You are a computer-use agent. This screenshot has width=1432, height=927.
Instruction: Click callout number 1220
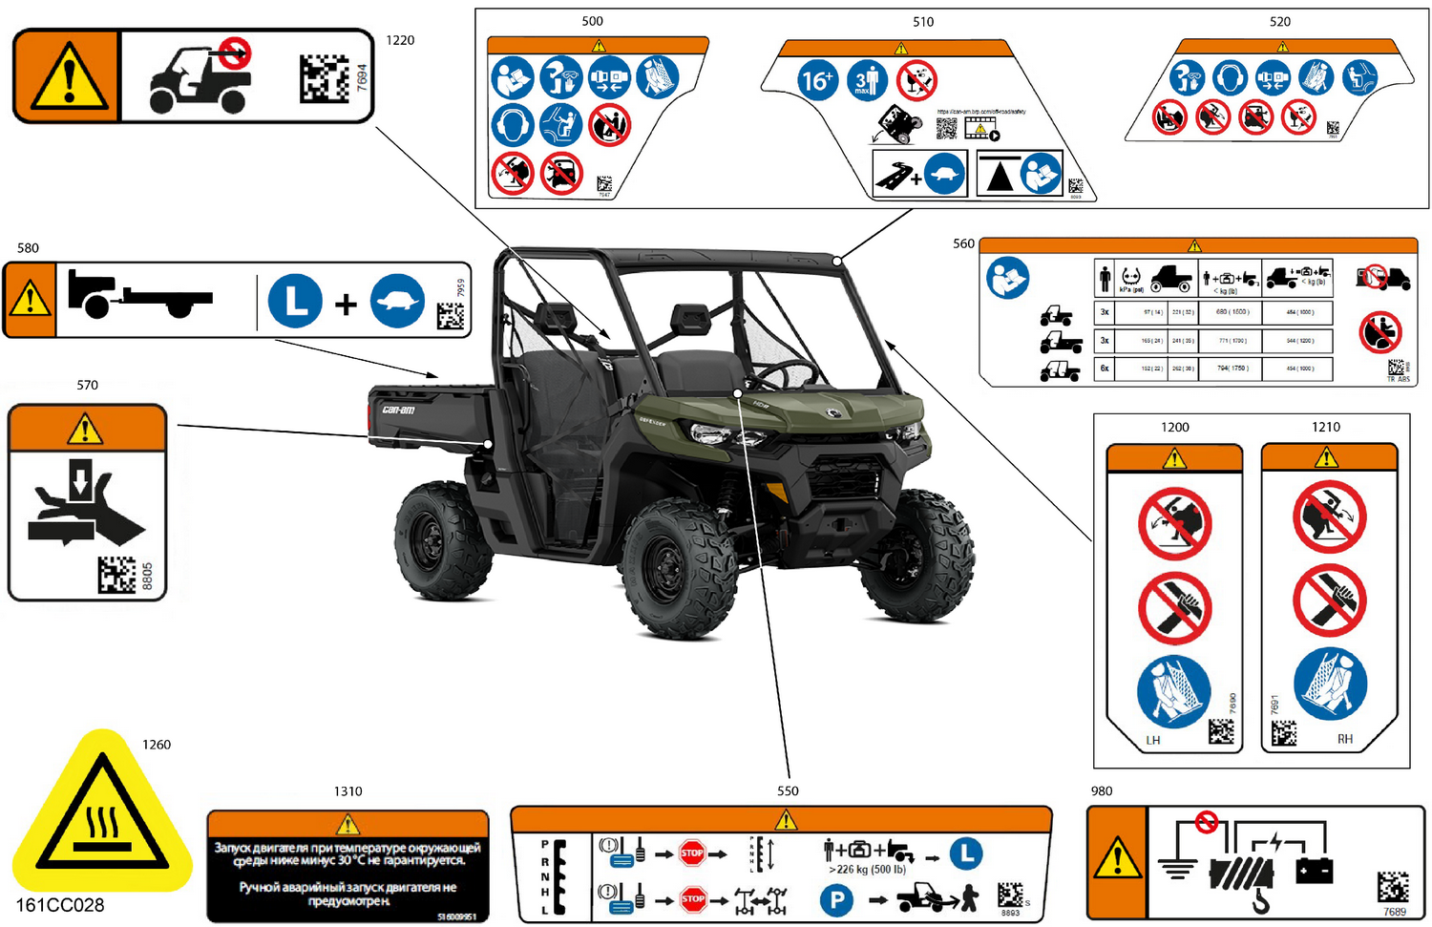[x=400, y=40]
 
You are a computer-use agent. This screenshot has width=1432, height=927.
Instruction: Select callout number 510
[x=922, y=21]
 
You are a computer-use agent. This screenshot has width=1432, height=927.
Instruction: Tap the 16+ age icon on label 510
[x=817, y=80]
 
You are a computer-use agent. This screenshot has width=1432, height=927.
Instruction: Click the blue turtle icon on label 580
[x=397, y=302]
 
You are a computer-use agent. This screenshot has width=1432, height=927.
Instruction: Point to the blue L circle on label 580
[x=295, y=302]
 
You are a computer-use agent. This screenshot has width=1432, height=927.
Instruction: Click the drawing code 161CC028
[x=60, y=905]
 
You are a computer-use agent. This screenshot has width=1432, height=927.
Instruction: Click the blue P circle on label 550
[x=836, y=899]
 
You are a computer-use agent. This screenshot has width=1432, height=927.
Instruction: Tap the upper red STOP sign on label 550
[x=692, y=853]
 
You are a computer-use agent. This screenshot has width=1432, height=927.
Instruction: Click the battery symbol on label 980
[x=1314, y=870]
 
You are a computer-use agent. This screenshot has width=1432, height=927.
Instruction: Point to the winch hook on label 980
[x=1260, y=900]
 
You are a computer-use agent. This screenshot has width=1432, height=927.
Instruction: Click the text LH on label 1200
[x=1153, y=740]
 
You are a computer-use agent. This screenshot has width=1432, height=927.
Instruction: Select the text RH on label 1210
[x=1344, y=739]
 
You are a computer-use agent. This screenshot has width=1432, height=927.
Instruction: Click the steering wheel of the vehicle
[x=786, y=374]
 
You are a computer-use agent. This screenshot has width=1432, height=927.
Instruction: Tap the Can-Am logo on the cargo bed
[x=399, y=410]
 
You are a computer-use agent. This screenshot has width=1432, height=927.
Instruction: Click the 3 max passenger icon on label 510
[x=865, y=80]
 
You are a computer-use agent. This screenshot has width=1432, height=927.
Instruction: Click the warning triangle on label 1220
[x=67, y=76]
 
